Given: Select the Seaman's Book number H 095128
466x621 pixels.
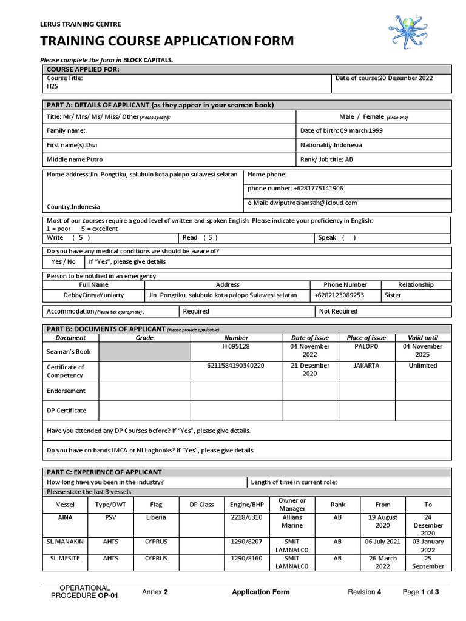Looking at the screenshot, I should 236,346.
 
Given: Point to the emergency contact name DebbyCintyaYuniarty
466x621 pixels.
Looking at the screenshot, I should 93,295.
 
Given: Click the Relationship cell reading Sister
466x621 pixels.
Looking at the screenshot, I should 393,295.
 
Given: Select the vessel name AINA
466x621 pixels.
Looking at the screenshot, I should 65,518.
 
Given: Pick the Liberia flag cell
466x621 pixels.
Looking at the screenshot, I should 156,518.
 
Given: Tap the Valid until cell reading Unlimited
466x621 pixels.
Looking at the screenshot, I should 423,366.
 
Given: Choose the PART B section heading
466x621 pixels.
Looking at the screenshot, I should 103,328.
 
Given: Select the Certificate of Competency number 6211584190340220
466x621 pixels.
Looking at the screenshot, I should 236,366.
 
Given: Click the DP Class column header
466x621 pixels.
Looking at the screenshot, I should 202,504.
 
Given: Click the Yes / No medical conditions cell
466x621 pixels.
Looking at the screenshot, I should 64,261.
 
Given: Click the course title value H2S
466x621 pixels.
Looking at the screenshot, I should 53,86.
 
